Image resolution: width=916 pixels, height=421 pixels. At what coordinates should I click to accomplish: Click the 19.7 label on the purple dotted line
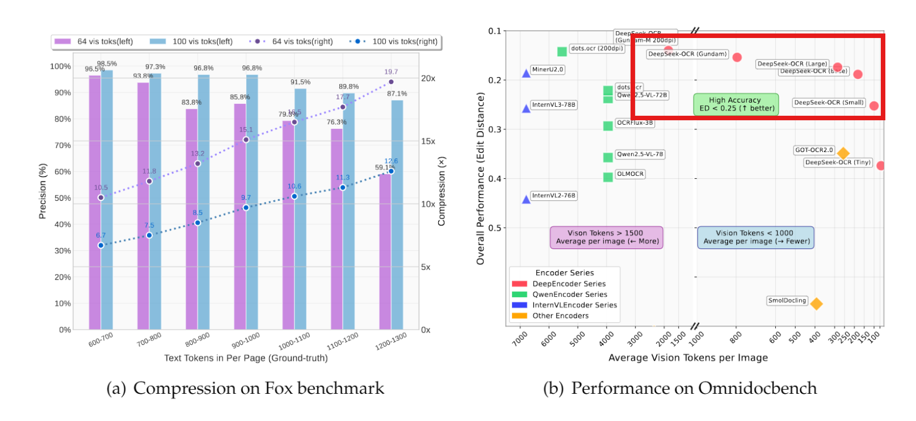[x=391, y=72]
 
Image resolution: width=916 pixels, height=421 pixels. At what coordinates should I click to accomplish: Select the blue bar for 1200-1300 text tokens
[x=397, y=216]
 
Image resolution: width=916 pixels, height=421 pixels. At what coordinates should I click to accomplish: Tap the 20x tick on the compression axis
[x=428, y=78]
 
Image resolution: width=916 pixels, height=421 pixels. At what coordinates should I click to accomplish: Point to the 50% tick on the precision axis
[x=62, y=198]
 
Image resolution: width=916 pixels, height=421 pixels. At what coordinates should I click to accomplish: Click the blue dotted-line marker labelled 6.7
[x=101, y=246]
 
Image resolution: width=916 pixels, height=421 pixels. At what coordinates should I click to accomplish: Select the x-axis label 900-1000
[x=246, y=340]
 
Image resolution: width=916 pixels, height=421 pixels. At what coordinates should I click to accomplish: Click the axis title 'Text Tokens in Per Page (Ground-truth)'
[x=246, y=358]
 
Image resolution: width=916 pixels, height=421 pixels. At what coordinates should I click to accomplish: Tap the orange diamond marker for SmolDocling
[x=816, y=304]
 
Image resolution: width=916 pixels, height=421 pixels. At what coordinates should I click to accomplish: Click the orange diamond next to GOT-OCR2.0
[x=843, y=153]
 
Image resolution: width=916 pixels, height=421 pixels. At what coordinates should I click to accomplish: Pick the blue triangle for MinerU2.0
[x=526, y=73]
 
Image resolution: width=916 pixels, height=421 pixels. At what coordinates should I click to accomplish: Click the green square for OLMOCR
[x=608, y=177]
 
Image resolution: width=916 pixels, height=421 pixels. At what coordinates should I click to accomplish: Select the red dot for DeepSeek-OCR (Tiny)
[x=880, y=166]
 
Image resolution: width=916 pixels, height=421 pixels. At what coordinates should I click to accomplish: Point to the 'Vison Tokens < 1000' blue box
[x=755, y=237]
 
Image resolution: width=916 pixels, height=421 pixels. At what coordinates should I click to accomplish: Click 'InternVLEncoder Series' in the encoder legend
[x=574, y=305]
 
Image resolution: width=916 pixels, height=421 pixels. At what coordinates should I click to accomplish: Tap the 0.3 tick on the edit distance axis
[x=494, y=129]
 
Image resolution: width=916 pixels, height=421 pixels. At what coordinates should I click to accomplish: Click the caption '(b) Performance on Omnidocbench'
[x=680, y=388]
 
